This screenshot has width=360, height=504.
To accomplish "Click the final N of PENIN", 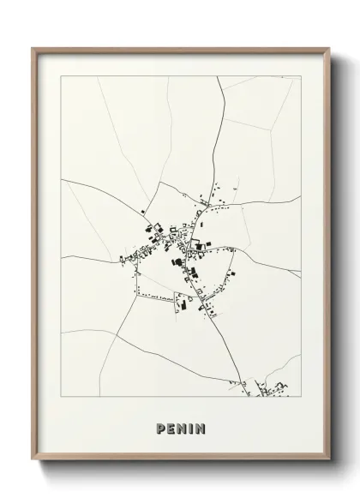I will [201, 429].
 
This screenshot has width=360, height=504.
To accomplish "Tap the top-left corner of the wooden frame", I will [33, 48].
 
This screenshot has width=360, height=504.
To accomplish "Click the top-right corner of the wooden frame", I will [328, 48].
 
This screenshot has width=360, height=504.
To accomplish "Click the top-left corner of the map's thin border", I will [62, 76].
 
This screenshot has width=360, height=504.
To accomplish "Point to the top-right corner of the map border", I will [301, 76].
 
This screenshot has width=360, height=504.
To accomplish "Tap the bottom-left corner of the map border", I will [62, 397].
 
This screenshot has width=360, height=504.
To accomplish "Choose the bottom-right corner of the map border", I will [301, 397].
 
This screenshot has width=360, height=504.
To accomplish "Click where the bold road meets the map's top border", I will [218, 76].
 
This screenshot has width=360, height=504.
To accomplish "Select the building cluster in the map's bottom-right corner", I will [274, 390].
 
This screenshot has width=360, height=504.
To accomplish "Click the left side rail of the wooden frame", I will [34, 257].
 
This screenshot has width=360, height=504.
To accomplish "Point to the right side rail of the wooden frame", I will [327, 257].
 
